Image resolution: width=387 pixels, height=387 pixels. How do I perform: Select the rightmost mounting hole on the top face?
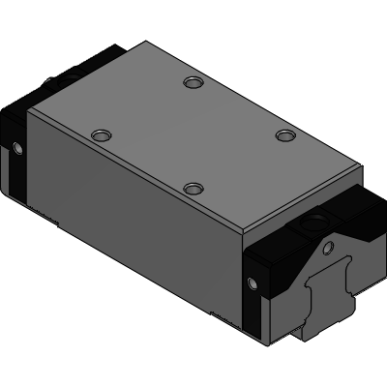point(283,135)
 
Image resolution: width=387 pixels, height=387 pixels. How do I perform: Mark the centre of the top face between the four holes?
point(193,135)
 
